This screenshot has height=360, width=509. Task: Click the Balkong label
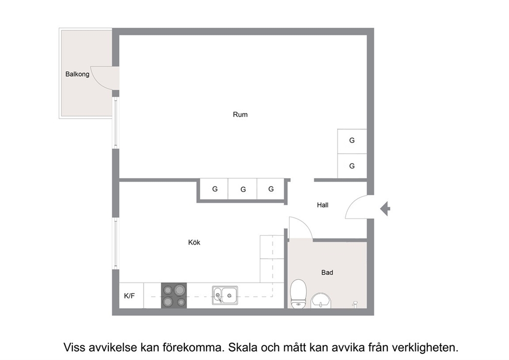click(77, 74)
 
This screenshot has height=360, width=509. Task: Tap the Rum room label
click(240, 115)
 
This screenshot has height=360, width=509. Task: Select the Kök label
click(194, 242)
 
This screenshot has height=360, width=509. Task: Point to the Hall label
click(323, 205)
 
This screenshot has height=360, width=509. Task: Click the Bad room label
click(327, 273)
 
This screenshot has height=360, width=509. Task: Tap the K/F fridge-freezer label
click(129, 296)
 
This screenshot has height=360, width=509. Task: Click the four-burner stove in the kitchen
click(174, 295)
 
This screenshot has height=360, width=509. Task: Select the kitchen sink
click(225, 295)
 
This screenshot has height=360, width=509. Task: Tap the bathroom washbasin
click(321, 300)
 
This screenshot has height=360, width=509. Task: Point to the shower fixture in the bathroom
click(355, 304)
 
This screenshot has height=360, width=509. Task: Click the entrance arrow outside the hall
click(385, 209)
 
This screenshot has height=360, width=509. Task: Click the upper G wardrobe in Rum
click(352, 141)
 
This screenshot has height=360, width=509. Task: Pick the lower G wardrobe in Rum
click(352, 166)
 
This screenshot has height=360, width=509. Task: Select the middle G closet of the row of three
click(243, 189)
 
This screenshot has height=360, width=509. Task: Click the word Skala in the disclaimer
click(242, 347)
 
